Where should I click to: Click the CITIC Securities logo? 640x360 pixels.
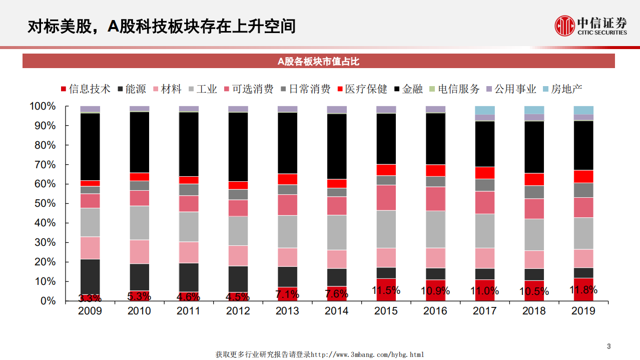[x=590, y=26]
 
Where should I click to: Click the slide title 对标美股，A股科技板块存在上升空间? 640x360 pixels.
[x=161, y=26]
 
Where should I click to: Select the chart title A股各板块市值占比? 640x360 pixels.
[x=318, y=61]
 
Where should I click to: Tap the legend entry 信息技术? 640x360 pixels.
[x=86, y=89]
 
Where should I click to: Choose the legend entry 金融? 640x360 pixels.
[x=408, y=89]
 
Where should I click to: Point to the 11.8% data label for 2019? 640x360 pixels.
[x=583, y=290]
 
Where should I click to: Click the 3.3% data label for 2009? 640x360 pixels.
[x=90, y=298]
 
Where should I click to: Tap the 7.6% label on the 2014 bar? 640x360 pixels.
[x=336, y=294]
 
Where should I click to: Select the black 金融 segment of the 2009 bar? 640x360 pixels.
[x=90, y=147]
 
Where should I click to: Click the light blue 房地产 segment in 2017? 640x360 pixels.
[x=484, y=110]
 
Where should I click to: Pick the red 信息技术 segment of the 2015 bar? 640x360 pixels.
[x=386, y=289]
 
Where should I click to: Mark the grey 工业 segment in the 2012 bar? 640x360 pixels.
[x=238, y=231]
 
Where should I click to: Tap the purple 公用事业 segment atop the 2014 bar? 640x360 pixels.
[x=336, y=110]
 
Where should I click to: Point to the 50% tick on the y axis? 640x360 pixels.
[x=46, y=203]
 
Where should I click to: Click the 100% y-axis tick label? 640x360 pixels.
[x=43, y=106]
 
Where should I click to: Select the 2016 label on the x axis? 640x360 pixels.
[x=435, y=311]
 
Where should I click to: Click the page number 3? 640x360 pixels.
[x=609, y=346]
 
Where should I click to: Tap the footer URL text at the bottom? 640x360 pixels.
[x=320, y=354]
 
